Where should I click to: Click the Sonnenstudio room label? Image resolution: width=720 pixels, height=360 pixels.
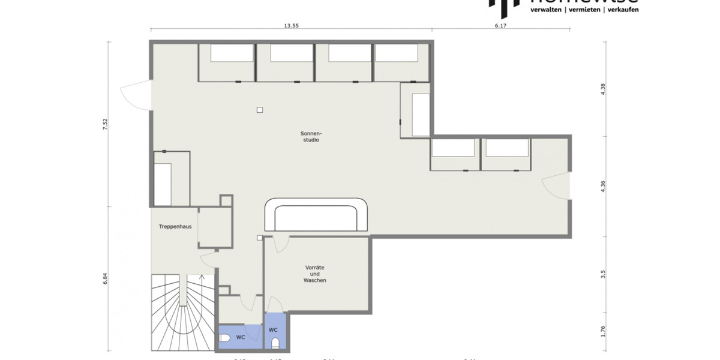tap(310, 136)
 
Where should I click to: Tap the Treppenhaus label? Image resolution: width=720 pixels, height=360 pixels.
tap(175, 227)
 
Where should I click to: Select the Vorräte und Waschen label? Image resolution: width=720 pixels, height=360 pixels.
tap(315, 274)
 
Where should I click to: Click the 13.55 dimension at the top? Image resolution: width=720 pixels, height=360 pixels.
tap(291, 25)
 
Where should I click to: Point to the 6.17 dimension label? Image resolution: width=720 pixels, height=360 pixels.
tap(500, 25)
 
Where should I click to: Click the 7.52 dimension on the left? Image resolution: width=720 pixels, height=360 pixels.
tap(105, 124)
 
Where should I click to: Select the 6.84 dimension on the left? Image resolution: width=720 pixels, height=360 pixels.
tap(105, 279)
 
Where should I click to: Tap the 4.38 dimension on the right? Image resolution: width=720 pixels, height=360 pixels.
tap(603, 88)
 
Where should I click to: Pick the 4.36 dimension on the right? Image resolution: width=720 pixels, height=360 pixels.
tap(603, 186)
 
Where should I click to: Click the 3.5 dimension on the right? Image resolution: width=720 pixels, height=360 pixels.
tap(603, 274)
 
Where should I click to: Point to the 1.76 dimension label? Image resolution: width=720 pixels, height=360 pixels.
tap(603, 331)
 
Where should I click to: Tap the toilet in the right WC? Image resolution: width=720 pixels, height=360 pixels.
tap(275, 343)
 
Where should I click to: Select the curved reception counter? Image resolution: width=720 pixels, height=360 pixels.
tap(316, 215)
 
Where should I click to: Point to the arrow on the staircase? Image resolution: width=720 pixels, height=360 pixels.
tap(202, 278)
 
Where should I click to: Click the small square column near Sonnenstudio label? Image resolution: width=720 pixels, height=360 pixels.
tap(259, 110)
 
